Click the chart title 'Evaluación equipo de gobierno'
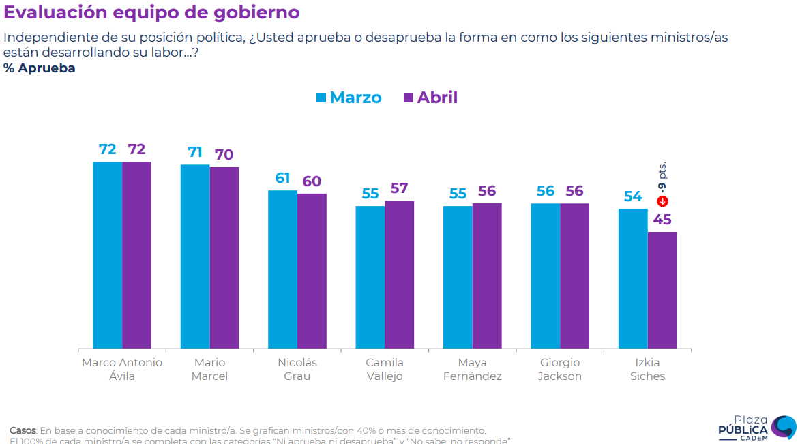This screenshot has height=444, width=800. (151, 13)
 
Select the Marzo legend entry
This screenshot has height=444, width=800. (349, 98)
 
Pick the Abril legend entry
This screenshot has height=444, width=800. (430, 98)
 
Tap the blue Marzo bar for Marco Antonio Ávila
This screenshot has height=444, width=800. (108, 255)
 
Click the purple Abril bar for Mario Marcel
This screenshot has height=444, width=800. (224, 258)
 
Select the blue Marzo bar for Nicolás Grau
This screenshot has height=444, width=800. (282, 269)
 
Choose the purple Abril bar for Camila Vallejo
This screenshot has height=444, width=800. (400, 275)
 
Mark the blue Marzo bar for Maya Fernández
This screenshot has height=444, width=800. (458, 277)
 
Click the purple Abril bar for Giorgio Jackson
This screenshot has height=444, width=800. (575, 276)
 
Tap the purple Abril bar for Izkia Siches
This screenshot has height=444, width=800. (662, 291)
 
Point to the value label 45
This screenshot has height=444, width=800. (662, 220)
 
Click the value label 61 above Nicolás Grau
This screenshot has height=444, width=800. (282, 179)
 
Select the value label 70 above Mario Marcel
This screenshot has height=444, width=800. (224, 155)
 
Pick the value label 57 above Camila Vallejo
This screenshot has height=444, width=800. (400, 188)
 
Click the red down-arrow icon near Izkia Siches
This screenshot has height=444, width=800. (662, 201)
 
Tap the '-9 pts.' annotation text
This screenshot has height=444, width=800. (662, 177)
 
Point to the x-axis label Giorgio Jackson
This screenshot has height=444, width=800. (560, 369)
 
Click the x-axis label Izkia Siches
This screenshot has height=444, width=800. (647, 369)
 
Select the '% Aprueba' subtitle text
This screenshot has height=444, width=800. (40, 68)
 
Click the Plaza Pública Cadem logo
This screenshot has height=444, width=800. (757, 428)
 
